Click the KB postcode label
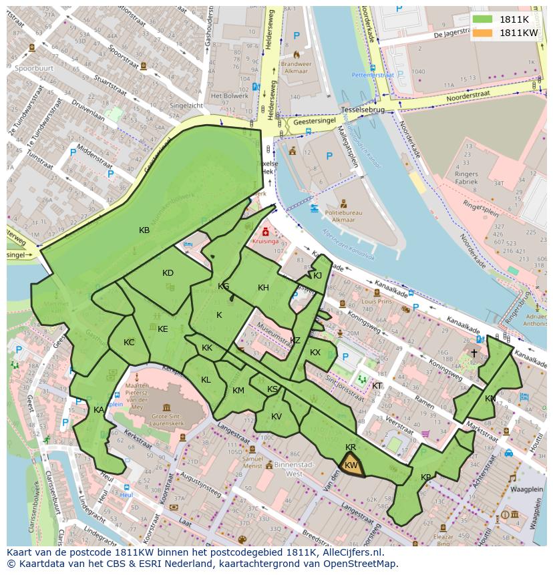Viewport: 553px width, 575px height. point(144,230)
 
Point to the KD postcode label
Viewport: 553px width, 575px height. point(168,273)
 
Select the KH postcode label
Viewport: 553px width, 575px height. point(263,288)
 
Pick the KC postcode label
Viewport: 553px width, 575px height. point(129,343)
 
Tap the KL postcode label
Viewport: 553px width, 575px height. point(206,380)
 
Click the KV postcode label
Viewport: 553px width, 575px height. point(276,417)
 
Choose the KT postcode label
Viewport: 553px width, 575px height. point(377,386)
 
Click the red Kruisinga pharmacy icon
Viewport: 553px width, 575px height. point(266,232)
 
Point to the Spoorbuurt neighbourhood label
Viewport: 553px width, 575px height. point(34,68)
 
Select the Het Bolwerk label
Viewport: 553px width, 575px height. point(229,96)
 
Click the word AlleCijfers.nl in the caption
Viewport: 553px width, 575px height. point(349,553)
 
